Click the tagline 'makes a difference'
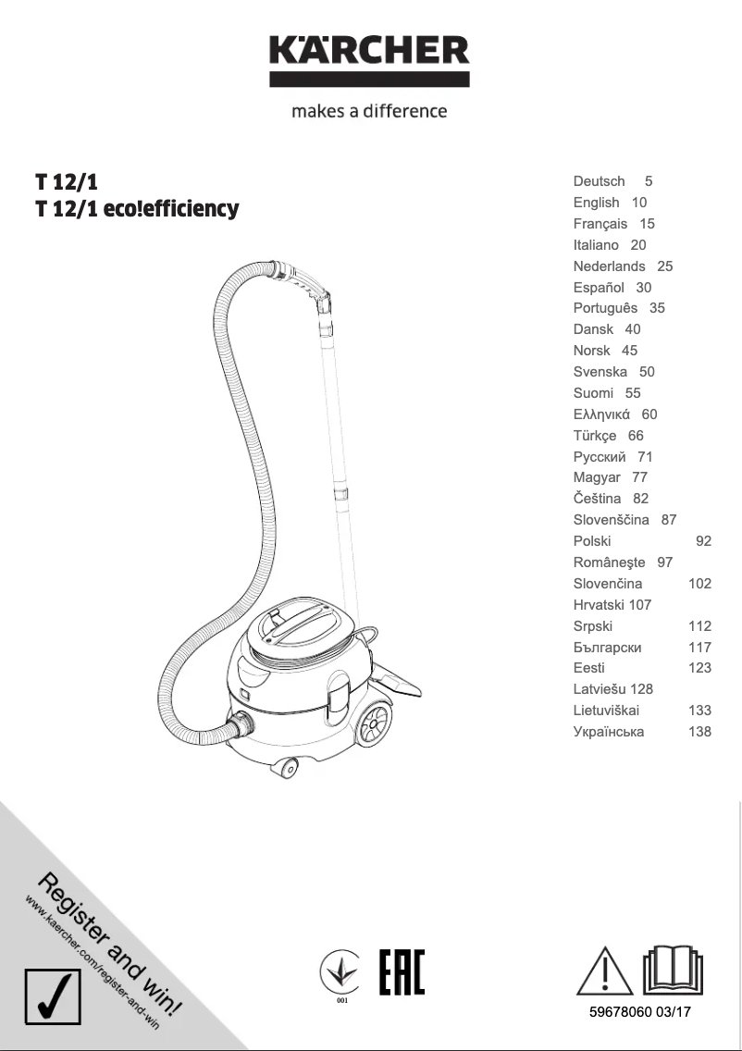369,112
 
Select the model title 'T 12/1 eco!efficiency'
137,209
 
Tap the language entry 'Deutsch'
600,181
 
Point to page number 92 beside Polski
703,541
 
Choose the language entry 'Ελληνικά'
601,414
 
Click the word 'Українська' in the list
609,732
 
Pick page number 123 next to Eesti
699,668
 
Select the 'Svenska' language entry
600,372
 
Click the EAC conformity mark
402,971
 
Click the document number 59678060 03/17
640,1012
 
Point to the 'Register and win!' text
111,945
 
